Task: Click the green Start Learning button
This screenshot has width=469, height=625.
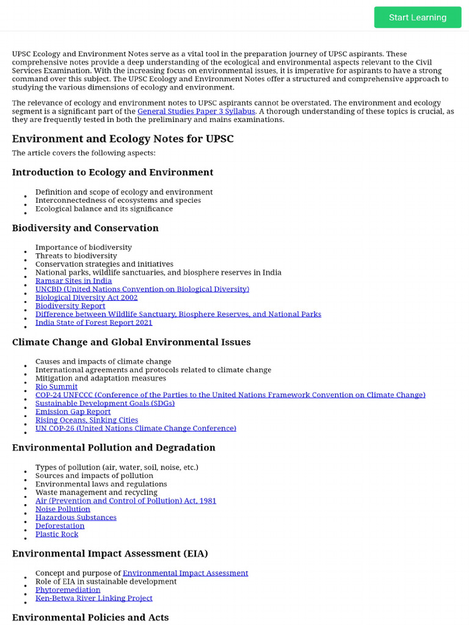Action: pos(418,17)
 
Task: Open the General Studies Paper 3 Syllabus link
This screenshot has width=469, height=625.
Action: pos(196,112)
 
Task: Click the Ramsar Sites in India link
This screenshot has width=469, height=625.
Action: pos(73,281)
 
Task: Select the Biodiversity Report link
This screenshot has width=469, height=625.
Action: pos(70,306)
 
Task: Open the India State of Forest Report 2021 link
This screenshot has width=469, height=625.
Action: pos(93,322)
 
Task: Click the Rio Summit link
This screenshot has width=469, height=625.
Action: pos(56,386)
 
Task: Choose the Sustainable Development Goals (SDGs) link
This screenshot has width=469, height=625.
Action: pos(105,403)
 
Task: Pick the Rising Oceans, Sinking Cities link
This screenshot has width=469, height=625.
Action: pos(87,420)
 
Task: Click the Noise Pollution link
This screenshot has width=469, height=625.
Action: pos(62,509)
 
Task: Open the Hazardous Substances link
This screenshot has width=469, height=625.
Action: pos(76,518)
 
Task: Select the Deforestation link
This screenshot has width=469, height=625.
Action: pos(60,526)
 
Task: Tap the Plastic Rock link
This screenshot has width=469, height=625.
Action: pos(57,534)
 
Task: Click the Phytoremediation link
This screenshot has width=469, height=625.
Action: pos(68,590)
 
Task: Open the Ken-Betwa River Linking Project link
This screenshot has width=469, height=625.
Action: pos(93,598)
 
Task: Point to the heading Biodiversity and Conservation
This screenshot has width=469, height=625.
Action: pos(85,228)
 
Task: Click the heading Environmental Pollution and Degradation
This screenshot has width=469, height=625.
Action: pos(114,448)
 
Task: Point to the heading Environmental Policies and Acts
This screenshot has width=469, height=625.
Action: pos(90,617)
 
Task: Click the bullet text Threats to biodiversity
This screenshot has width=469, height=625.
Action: pos(76,256)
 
